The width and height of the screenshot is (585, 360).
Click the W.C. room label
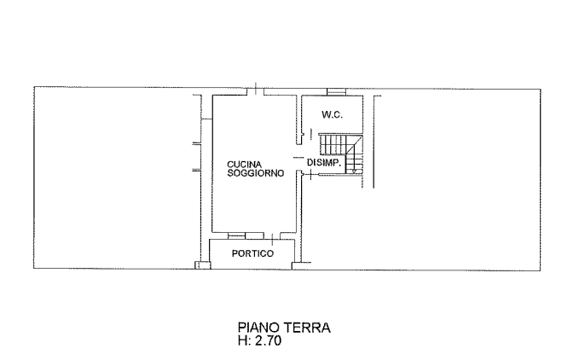point(332,114)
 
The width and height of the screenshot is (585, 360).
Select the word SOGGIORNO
point(256,173)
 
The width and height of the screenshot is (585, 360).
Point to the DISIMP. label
point(324,163)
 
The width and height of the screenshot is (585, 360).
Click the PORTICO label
point(252,253)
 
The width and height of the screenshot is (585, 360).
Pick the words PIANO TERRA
point(284,328)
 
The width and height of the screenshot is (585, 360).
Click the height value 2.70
point(269,340)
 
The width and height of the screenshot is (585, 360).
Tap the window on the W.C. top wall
point(336,92)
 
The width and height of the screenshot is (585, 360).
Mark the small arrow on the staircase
point(354,171)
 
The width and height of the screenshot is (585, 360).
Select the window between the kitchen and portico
point(236,235)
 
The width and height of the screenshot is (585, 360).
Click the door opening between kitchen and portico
point(272,236)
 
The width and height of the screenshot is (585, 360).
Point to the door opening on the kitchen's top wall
point(256,91)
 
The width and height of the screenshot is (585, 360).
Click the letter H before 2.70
point(243,340)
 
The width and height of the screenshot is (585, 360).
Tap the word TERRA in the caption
point(307,328)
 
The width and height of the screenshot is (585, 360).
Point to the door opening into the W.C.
point(310,133)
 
